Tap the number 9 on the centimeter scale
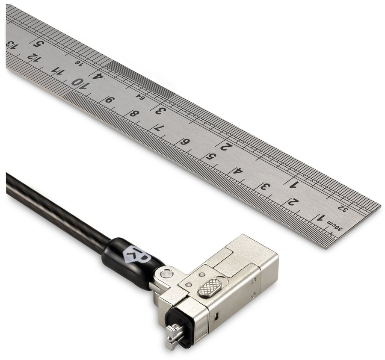point(110,100)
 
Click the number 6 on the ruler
point(185,142)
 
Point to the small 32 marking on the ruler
point(344,209)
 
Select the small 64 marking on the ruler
point(141,97)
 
